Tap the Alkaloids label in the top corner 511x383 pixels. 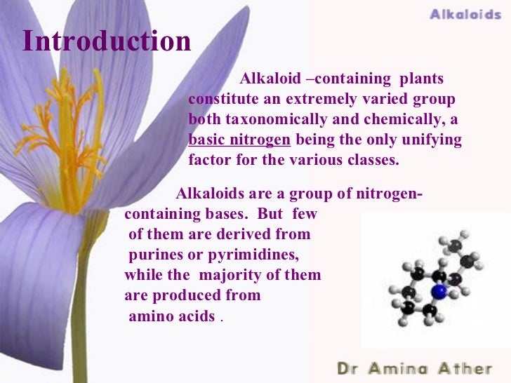465,14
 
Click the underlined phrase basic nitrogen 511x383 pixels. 239,140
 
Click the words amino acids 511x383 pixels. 172,316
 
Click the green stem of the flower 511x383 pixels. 79,316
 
